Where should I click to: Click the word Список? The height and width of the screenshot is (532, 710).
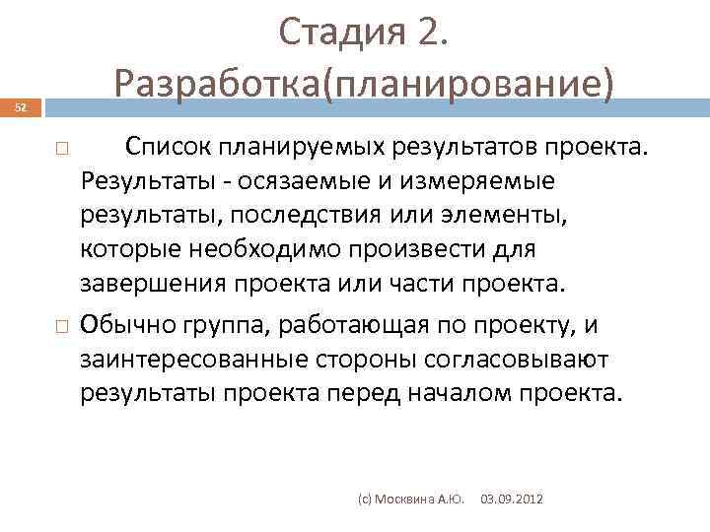pos(168,148)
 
